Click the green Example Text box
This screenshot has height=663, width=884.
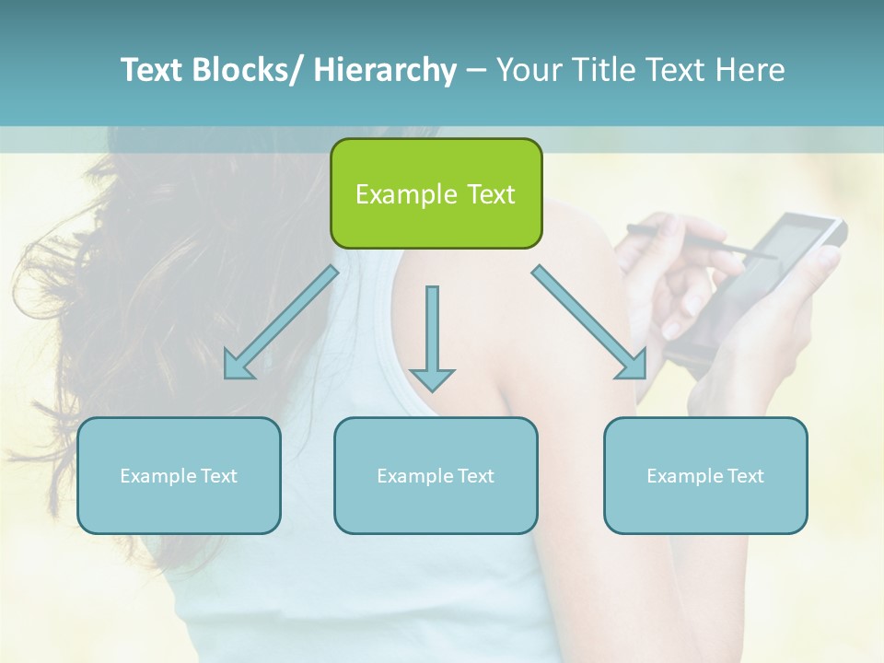(x=436, y=193)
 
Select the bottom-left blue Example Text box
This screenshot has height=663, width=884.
(x=179, y=475)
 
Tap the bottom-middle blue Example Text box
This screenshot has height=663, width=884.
(x=436, y=475)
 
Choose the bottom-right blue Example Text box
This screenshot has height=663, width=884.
(x=705, y=475)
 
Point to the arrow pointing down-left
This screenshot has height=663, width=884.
(x=281, y=322)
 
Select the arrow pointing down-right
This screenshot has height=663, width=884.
(x=590, y=322)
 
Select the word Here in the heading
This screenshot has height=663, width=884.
(x=748, y=70)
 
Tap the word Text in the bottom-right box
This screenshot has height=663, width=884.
(x=746, y=476)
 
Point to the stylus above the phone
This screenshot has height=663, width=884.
(x=700, y=241)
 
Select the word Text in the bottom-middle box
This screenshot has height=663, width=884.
(x=476, y=476)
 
